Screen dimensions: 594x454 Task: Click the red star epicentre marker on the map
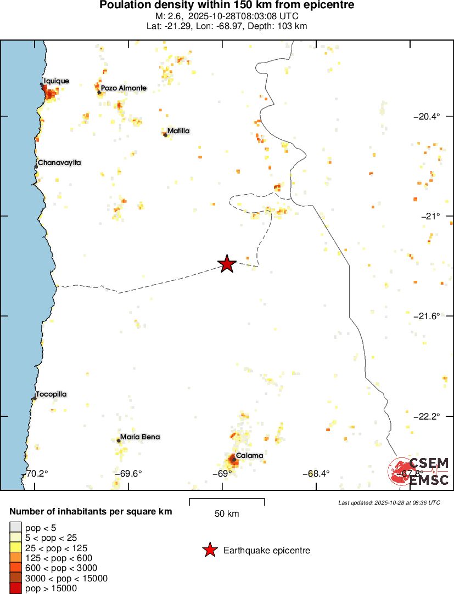tap(227, 264)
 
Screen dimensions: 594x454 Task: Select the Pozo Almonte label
tap(124, 88)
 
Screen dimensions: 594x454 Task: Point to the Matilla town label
tap(178, 131)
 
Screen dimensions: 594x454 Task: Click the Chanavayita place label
tap(59, 163)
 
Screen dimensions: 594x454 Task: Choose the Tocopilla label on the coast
tap(51, 394)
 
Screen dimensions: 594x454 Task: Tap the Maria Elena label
tap(140, 437)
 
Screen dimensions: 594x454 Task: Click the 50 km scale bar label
tap(227, 514)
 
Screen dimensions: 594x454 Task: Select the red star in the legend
tap(210, 550)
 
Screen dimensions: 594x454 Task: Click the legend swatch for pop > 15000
tap(14, 589)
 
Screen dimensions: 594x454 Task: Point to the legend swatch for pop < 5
tap(14, 528)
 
